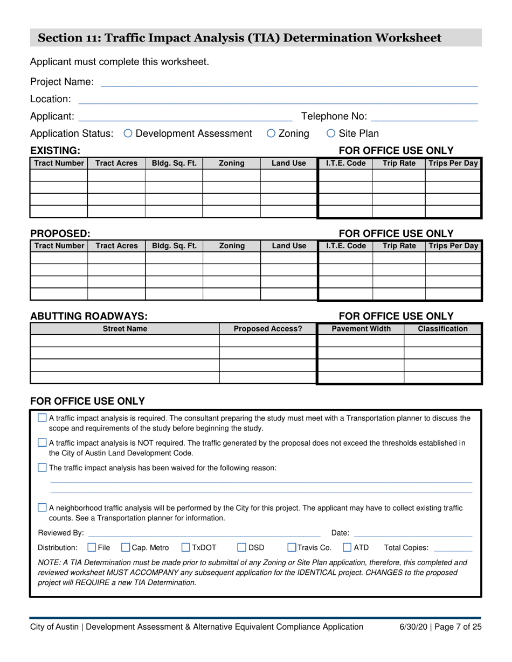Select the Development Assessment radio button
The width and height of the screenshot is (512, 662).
[x=128, y=133]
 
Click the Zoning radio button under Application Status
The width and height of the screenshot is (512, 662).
[x=271, y=133]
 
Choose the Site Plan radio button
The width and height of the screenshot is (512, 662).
[x=331, y=133]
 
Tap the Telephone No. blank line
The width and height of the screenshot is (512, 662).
[x=424, y=117]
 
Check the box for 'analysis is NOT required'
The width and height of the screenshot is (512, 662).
[x=43, y=443]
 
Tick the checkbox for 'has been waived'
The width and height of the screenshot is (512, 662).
[x=43, y=468]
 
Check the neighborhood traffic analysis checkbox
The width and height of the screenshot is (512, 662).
[x=43, y=508]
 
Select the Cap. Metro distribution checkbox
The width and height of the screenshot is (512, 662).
[x=126, y=548]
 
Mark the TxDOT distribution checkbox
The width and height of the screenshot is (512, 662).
[x=186, y=548]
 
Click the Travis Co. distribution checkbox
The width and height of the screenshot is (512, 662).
[x=292, y=548]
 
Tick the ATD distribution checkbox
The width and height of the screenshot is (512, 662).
[x=347, y=548]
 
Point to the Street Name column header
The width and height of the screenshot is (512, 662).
[x=125, y=329]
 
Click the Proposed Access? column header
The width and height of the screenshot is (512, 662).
[x=268, y=329]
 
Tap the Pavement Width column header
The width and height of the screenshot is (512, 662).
[x=361, y=329]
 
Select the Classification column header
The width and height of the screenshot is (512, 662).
[x=442, y=329]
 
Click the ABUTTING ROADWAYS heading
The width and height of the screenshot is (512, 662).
[x=88, y=316]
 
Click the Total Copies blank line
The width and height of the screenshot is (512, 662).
[x=452, y=549]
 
